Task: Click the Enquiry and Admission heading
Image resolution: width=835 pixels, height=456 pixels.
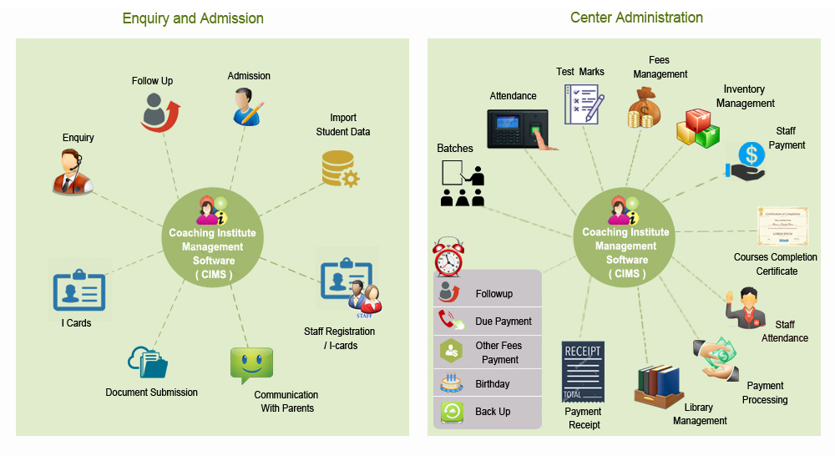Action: (x=193, y=18)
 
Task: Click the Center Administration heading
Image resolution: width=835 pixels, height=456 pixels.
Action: (x=636, y=18)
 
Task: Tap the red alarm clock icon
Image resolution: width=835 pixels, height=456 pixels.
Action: (x=448, y=256)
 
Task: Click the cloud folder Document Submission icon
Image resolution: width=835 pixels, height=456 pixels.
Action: (x=148, y=363)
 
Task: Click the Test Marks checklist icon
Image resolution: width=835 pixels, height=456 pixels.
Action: (x=583, y=104)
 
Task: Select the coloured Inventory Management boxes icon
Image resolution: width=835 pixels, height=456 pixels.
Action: (x=697, y=128)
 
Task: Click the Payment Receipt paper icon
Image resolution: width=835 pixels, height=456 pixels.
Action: (x=582, y=371)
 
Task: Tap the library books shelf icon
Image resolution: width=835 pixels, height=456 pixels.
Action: (x=659, y=385)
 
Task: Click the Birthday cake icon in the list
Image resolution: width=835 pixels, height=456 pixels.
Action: (x=450, y=383)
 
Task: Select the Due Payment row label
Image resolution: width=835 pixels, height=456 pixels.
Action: (x=504, y=322)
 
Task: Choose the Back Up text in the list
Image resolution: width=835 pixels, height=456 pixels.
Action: (x=493, y=412)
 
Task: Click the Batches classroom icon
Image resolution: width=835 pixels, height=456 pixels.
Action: (x=463, y=185)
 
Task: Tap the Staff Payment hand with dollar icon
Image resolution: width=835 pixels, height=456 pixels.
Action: (x=747, y=160)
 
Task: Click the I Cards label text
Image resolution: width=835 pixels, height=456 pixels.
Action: (x=76, y=322)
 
